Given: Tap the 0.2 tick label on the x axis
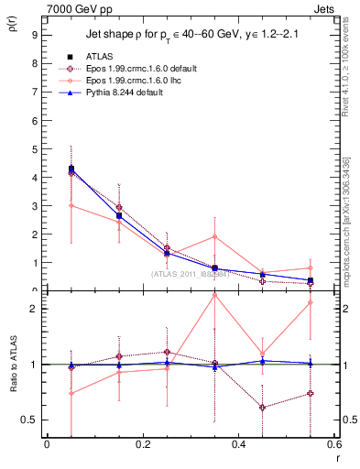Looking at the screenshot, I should pos(142,446).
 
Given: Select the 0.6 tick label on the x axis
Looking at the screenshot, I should pos(333,446).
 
